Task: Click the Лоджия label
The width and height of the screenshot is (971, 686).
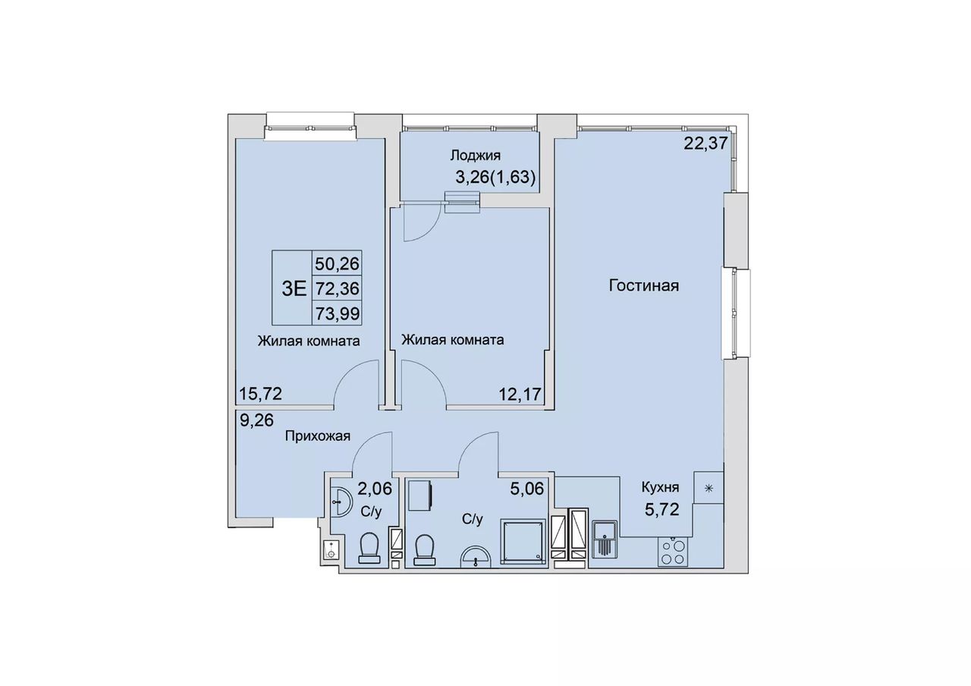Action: pos(476,156)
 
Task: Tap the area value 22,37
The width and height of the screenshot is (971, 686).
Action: pos(705,143)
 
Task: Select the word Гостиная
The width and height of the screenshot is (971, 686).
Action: pos(644,286)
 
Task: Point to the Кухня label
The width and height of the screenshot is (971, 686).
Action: pos(660,487)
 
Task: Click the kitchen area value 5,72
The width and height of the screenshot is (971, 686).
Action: pos(662,510)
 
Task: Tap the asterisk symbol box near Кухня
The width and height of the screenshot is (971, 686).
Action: pos(709,488)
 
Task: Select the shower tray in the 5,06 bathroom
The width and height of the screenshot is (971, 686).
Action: pos(523,541)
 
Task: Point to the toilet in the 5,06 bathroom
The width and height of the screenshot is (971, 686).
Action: pos(424,551)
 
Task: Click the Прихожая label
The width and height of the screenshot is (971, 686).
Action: pos(318,436)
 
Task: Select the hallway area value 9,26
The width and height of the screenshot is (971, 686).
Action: pos(256,420)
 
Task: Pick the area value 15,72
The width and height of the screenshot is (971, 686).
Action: pos(261,394)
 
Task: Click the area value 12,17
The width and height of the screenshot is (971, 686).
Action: pos(520,394)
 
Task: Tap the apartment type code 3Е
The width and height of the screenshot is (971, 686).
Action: pos(294,288)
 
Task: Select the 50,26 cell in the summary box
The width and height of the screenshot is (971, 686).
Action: pos(338,263)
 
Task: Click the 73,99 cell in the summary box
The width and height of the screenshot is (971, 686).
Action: pos(338,313)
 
